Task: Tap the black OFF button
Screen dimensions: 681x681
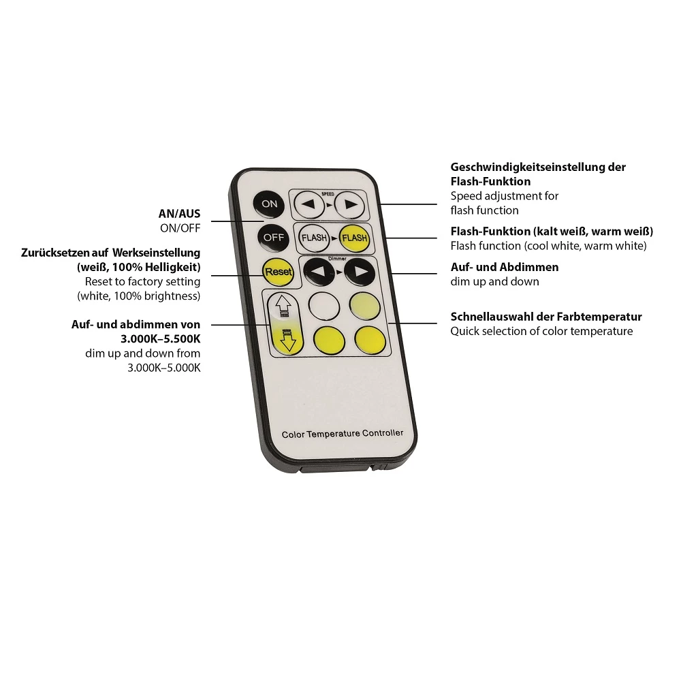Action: pyautogui.click(x=273, y=238)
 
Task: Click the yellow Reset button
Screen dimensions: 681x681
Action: pyautogui.click(x=278, y=272)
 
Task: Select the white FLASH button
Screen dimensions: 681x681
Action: pyautogui.click(x=314, y=238)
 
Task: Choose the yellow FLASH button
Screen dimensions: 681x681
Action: pyautogui.click(x=354, y=238)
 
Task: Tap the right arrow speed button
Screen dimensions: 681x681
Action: pyautogui.click(x=350, y=204)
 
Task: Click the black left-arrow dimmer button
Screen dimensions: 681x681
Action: pyautogui.click(x=319, y=272)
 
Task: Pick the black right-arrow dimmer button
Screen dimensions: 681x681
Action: pyautogui.click(x=360, y=272)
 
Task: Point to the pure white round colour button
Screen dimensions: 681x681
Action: pyautogui.click(x=324, y=306)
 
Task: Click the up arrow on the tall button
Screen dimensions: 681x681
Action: pyautogui.click(x=283, y=305)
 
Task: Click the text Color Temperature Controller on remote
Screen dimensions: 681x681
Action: pyautogui.click(x=343, y=433)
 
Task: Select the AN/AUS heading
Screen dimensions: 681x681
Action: pyautogui.click(x=179, y=214)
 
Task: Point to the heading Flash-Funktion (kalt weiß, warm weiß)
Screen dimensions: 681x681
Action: pyautogui.click(x=552, y=232)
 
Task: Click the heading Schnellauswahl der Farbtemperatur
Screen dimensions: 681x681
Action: pyautogui.click(x=546, y=317)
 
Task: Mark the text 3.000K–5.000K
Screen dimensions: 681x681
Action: pyautogui.click(x=164, y=368)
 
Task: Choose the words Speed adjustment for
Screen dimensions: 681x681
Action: pyautogui.click(x=504, y=196)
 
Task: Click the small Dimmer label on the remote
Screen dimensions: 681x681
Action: pyautogui.click(x=338, y=259)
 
